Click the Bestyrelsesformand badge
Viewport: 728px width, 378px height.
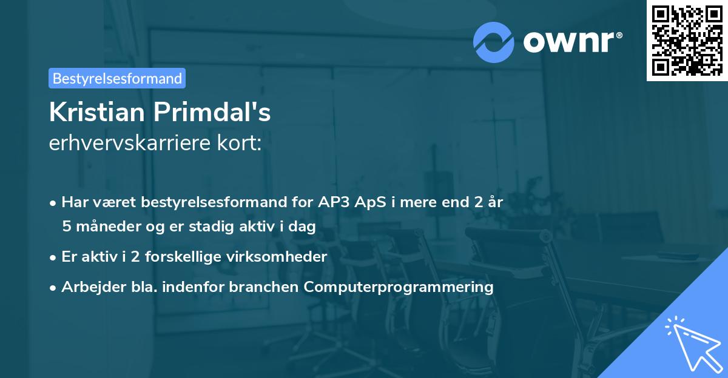click(117, 78)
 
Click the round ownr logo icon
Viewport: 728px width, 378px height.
click(493, 42)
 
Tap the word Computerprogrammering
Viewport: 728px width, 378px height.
click(399, 287)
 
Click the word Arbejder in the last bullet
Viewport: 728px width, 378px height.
click(88, 287)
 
